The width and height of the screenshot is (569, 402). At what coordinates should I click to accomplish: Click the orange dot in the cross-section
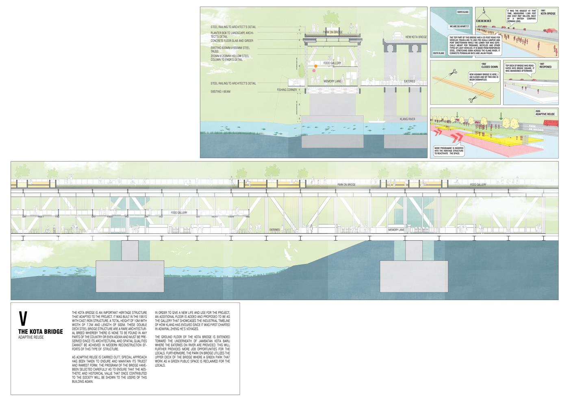point(315,66)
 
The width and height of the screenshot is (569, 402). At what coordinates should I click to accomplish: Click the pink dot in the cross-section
point(314,71)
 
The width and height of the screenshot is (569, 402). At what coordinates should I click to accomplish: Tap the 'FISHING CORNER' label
point(287,89)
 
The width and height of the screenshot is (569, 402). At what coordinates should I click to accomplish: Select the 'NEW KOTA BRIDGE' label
point(416,37)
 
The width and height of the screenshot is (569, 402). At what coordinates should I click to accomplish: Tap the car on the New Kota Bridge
point(397,35)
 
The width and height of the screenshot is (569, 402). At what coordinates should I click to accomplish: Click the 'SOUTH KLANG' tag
point(439,53)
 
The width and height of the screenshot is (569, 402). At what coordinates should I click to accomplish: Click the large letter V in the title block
point(23,319)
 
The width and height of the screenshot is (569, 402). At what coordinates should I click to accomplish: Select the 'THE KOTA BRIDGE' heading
point(41,332)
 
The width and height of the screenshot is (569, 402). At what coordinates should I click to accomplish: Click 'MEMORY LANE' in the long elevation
point(396,230)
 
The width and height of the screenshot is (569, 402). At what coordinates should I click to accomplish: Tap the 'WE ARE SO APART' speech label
point(458,26)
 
